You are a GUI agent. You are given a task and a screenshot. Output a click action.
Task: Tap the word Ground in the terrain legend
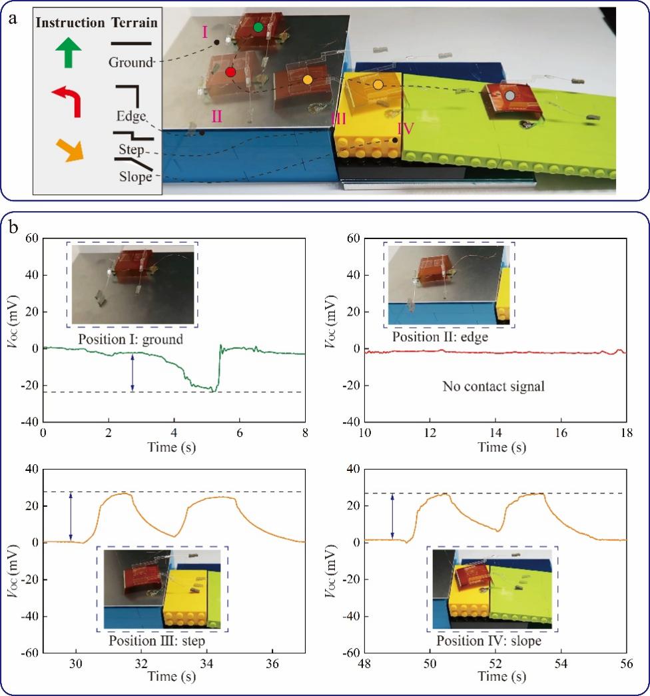[131, 63]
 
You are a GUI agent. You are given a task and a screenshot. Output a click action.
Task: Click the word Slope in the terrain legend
[135, 177]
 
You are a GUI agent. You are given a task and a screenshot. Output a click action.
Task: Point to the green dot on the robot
[258, 27]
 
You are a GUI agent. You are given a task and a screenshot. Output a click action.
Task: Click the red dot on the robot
[230, 72]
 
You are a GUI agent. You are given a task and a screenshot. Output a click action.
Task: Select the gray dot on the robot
[509, 96]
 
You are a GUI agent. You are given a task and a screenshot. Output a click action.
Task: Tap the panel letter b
[16, 226]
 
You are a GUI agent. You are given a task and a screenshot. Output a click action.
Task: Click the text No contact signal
[493, 386]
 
